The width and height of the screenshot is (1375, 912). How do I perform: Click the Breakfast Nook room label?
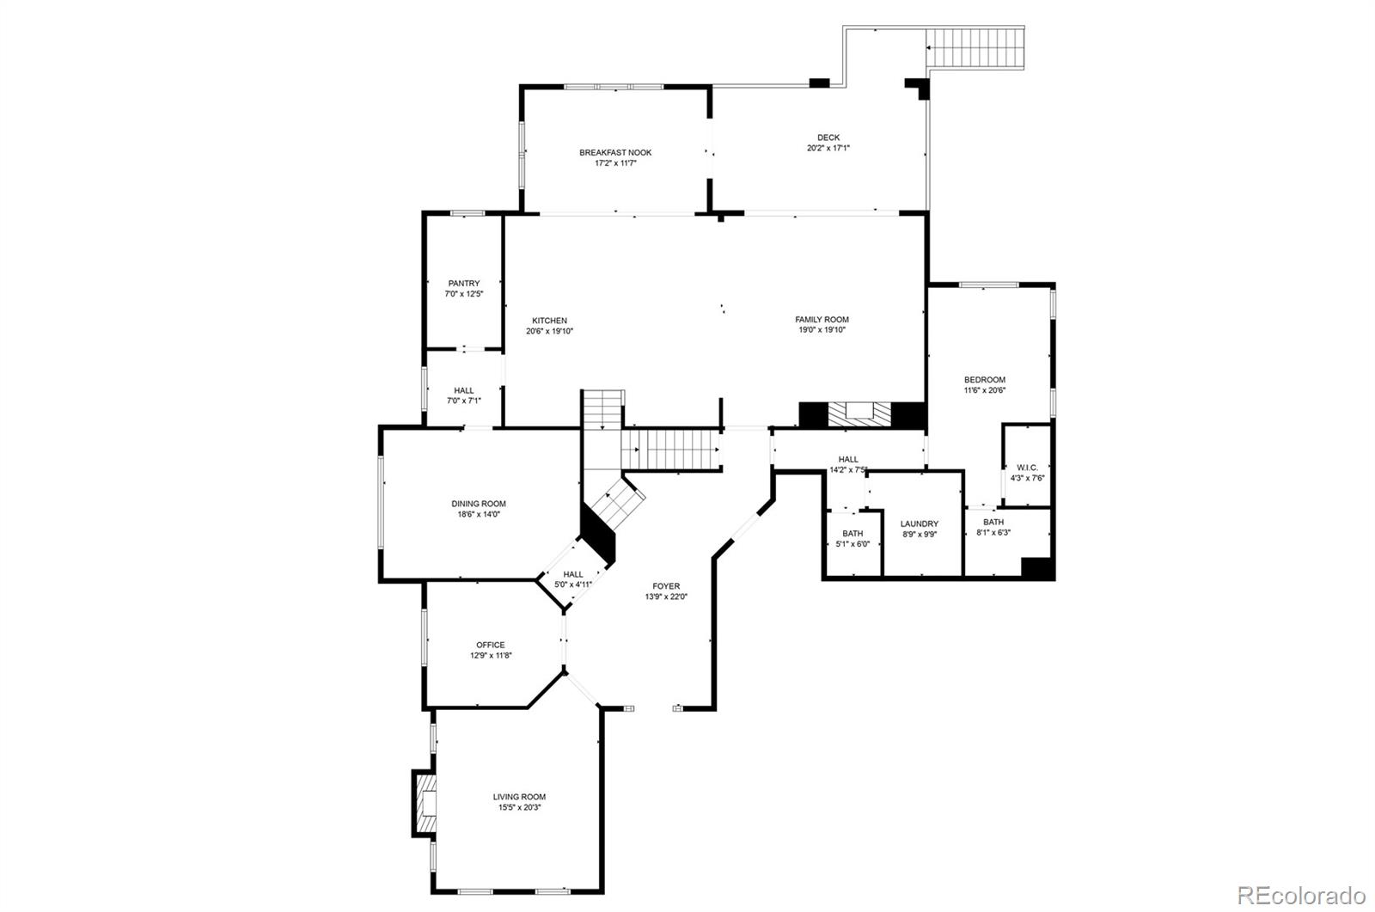tap(615, 153)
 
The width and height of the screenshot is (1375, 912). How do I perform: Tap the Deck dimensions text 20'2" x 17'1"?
tap(828, 148)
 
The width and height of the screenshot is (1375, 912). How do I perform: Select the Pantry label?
tap(464, 284)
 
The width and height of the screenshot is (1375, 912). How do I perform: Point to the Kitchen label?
tap(549, 321)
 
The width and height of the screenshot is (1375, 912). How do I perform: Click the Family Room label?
tap(822, 320)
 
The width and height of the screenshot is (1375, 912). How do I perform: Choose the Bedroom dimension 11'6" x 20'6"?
tap(984, 390)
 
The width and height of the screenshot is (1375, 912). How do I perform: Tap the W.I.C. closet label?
tap(1027, 468)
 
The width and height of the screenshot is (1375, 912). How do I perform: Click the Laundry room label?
tap(919, 524)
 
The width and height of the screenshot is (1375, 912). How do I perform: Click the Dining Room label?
tap(479, 505)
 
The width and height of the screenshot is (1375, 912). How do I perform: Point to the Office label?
tap(491, 645)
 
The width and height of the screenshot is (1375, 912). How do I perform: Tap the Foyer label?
tap(666, 587)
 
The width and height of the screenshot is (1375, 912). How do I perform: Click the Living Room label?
tap(519, 797)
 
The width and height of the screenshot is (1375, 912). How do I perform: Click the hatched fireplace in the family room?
tap(857, 413)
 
